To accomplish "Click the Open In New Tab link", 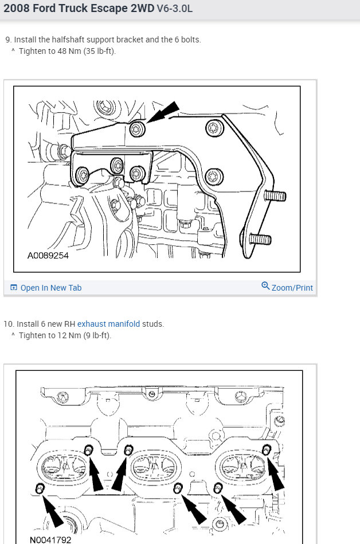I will point(50,288).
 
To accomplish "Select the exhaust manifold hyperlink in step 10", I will point(108,324).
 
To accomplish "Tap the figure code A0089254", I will point(48,256).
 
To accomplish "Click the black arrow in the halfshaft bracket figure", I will point(164,114).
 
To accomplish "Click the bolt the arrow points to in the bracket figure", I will point(137,128).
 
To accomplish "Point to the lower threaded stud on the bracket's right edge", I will point(261,237).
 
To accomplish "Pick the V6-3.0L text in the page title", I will point(180,10).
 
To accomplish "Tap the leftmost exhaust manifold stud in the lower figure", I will point(40,488).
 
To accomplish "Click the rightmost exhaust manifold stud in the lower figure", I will point(266,448).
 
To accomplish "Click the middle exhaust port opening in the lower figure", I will point(153,467).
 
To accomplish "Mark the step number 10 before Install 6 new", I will point(8,324).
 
